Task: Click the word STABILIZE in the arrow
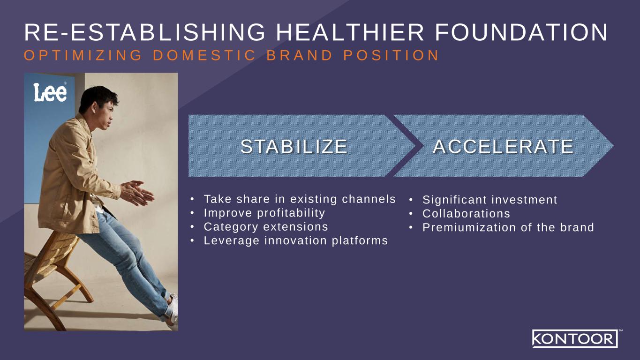coord(294,146)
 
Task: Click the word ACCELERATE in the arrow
coord(503,146)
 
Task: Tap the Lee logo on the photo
coord(50,92)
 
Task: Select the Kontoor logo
coord(574,338)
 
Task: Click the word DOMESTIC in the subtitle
coord(203,55)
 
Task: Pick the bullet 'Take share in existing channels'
coord(299,199)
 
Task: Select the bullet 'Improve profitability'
coord(264,213)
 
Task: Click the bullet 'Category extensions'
coord(265,227)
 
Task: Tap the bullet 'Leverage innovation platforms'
coord(295,241)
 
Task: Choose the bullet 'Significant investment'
coord(489,200)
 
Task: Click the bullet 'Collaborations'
coord(466,214)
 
